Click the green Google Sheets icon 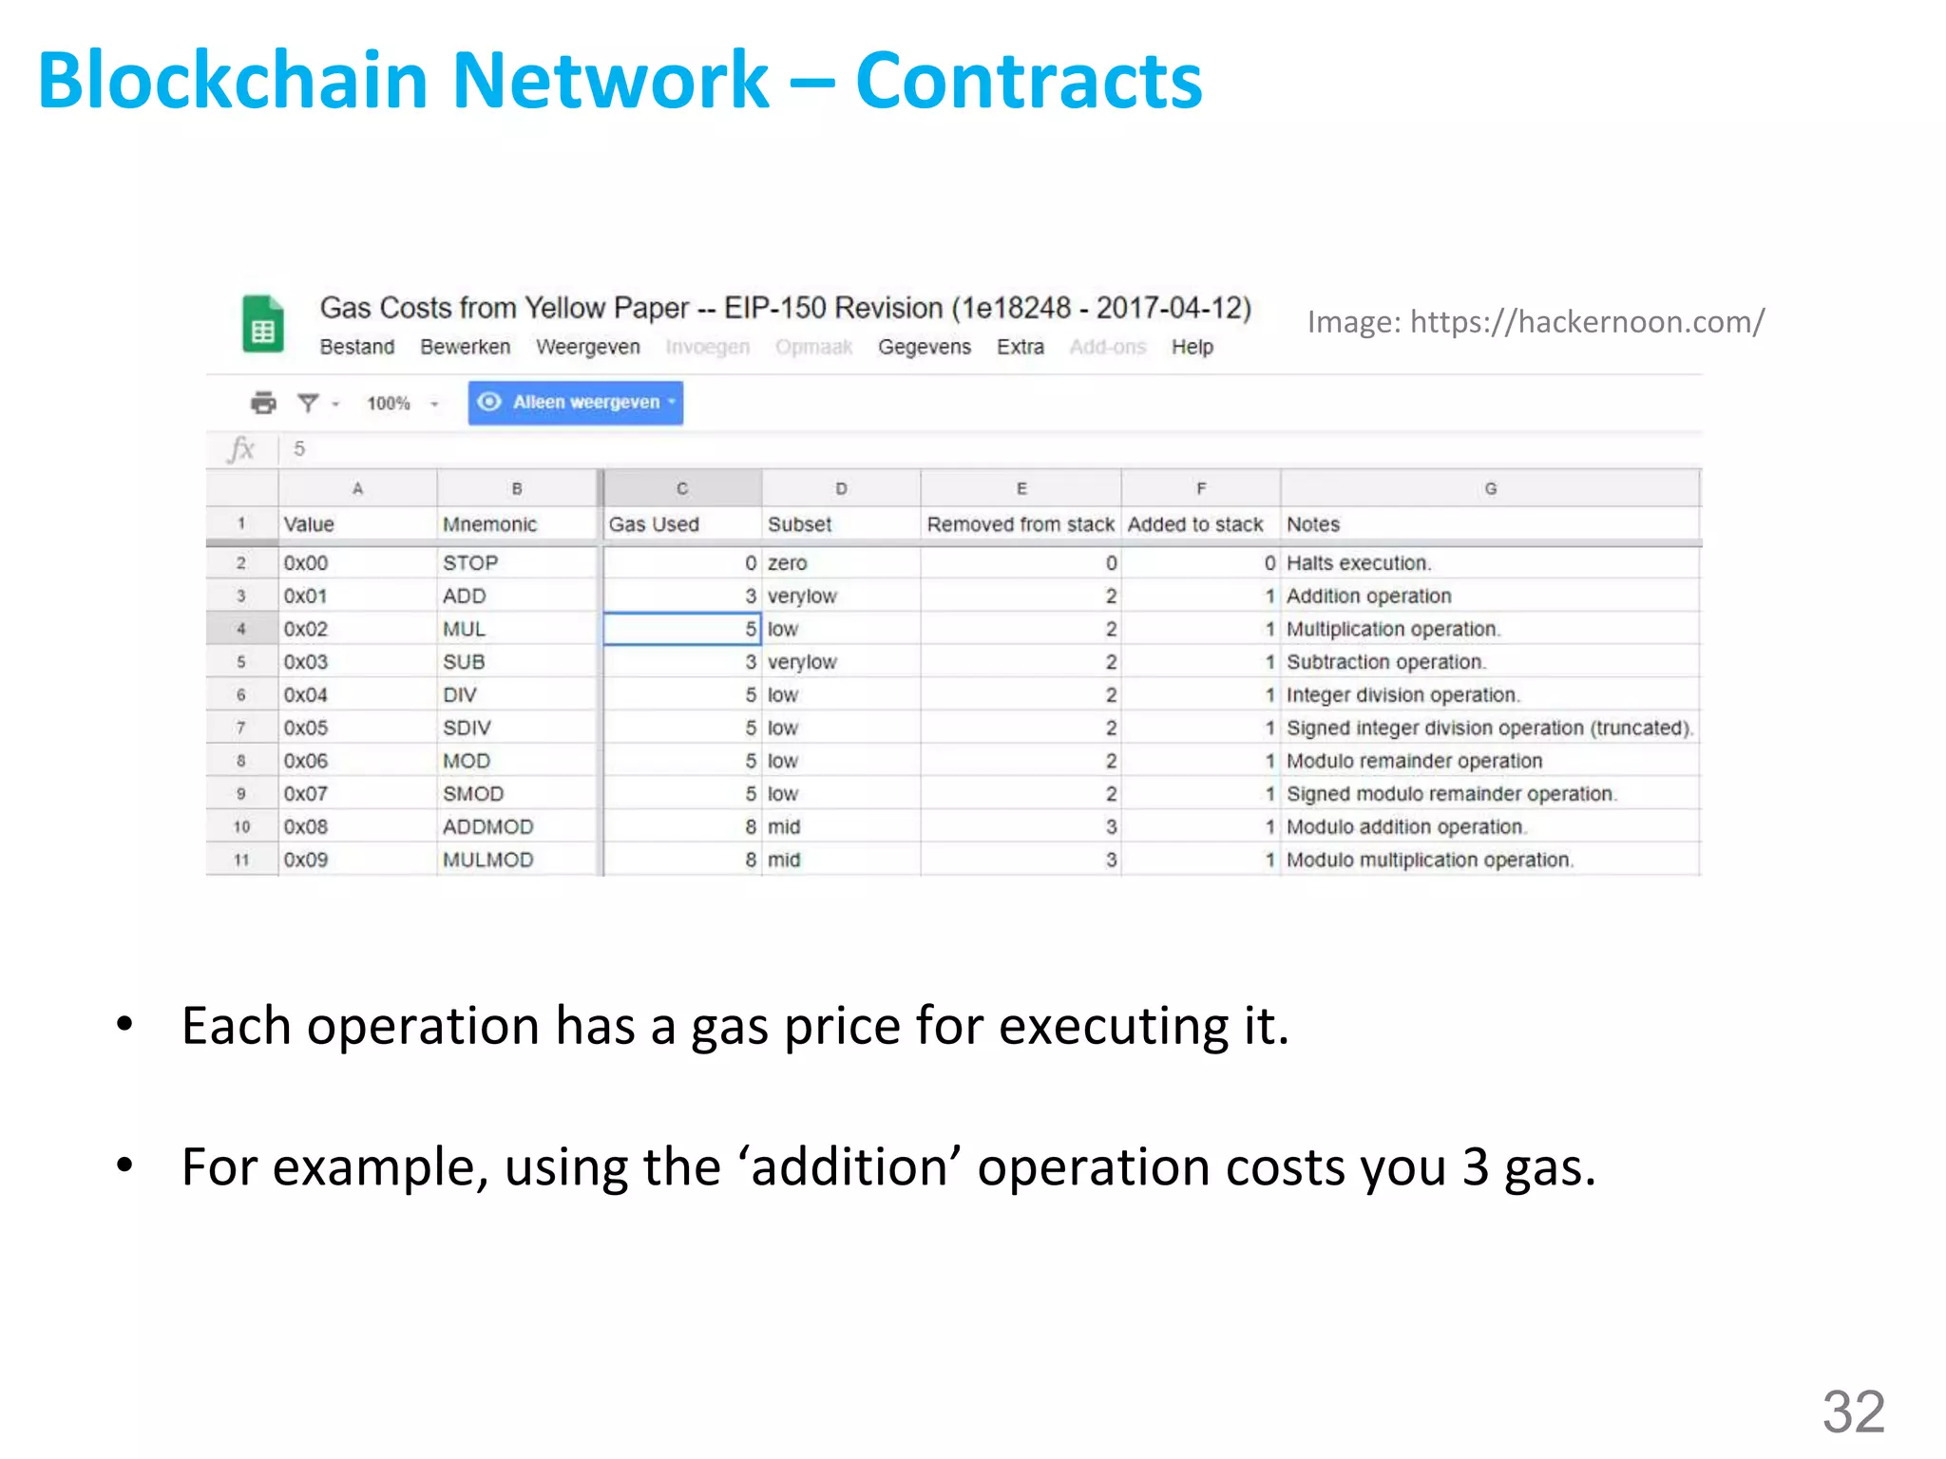tap(262, 324)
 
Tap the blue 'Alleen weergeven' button tap(576, 403)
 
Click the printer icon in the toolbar tap(263, 403)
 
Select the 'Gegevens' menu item tap(924, 348)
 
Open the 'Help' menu tap(1192, 348)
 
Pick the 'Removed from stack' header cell tap(1020, 524)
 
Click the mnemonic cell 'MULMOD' tap(487, 860)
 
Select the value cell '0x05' tap(306, 728)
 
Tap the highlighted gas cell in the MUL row tap(681, 629)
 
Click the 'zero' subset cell tap(787, 563)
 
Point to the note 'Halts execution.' tap(1358, 563)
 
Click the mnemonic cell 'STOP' tap(470, 563)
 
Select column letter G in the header tap(1490, 488)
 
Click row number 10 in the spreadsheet tap(241, 827)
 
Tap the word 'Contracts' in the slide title tap(1028, 81)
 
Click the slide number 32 tap(1853, 1412)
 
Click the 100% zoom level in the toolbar tap(389, 404)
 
